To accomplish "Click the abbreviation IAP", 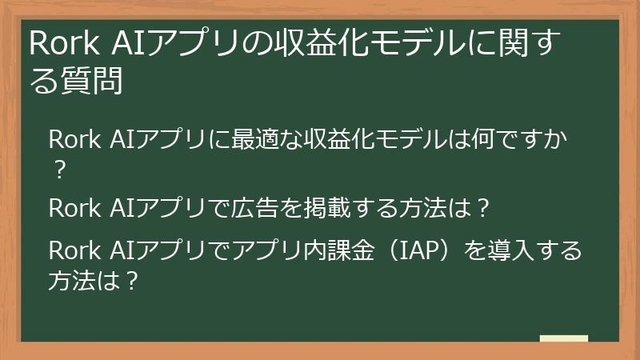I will tap(410, 251).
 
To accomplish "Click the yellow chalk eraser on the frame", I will tap(564, 339).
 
